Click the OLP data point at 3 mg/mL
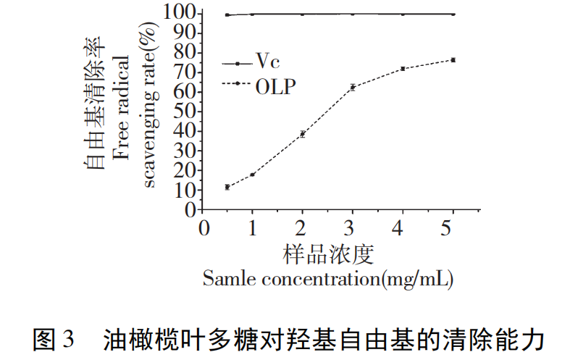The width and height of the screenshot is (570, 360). point(353,87)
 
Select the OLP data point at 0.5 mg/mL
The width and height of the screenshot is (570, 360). point(227,187)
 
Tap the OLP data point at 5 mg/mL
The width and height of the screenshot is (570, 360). point(453,59)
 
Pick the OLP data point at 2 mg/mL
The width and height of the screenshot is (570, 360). point(303,134)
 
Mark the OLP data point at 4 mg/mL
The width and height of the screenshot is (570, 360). point(403,69)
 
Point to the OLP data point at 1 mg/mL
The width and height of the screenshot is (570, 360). point(253,175)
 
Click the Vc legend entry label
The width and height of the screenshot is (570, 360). point(267,64)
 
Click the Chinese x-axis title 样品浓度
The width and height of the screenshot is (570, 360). point(327,254)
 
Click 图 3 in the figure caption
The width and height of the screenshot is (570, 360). point(54,338)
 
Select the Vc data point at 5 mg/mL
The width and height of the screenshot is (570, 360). point(453,14)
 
